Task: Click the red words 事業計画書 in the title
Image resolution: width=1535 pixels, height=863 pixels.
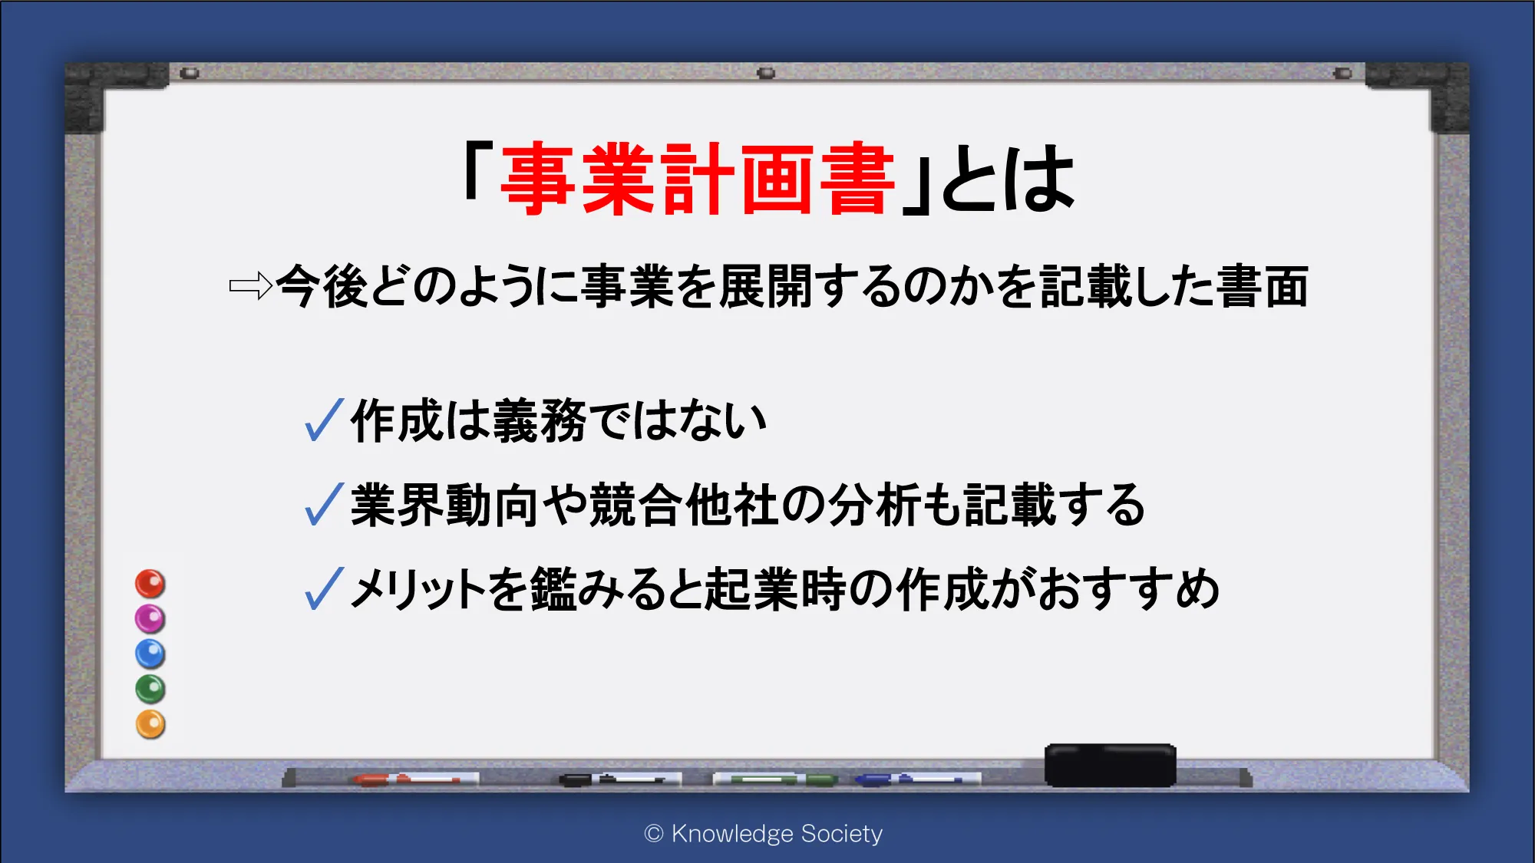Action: [698, 180]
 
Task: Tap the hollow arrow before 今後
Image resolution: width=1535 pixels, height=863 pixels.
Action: [251, 286]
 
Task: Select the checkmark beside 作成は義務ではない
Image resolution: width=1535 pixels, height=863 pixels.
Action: [324, 420]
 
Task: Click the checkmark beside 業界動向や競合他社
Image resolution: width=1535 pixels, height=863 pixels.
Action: [324, 504]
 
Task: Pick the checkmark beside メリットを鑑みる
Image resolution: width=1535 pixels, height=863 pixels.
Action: [324, 588]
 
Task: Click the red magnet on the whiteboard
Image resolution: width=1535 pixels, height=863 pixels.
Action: [150, 584]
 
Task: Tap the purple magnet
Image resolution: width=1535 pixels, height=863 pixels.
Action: [150, 618]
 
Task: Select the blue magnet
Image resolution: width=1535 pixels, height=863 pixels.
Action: [150, 654]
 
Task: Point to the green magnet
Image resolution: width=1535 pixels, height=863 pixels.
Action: [150, 689]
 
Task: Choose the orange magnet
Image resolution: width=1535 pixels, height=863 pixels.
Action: [150, 724]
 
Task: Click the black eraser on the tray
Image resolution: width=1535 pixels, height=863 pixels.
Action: [1110, 765]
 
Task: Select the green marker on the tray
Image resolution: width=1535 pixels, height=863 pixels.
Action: [775, 779]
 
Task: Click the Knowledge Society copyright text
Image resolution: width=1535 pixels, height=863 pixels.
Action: [764, 834]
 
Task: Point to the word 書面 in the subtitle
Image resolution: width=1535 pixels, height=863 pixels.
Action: [1263, 286]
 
